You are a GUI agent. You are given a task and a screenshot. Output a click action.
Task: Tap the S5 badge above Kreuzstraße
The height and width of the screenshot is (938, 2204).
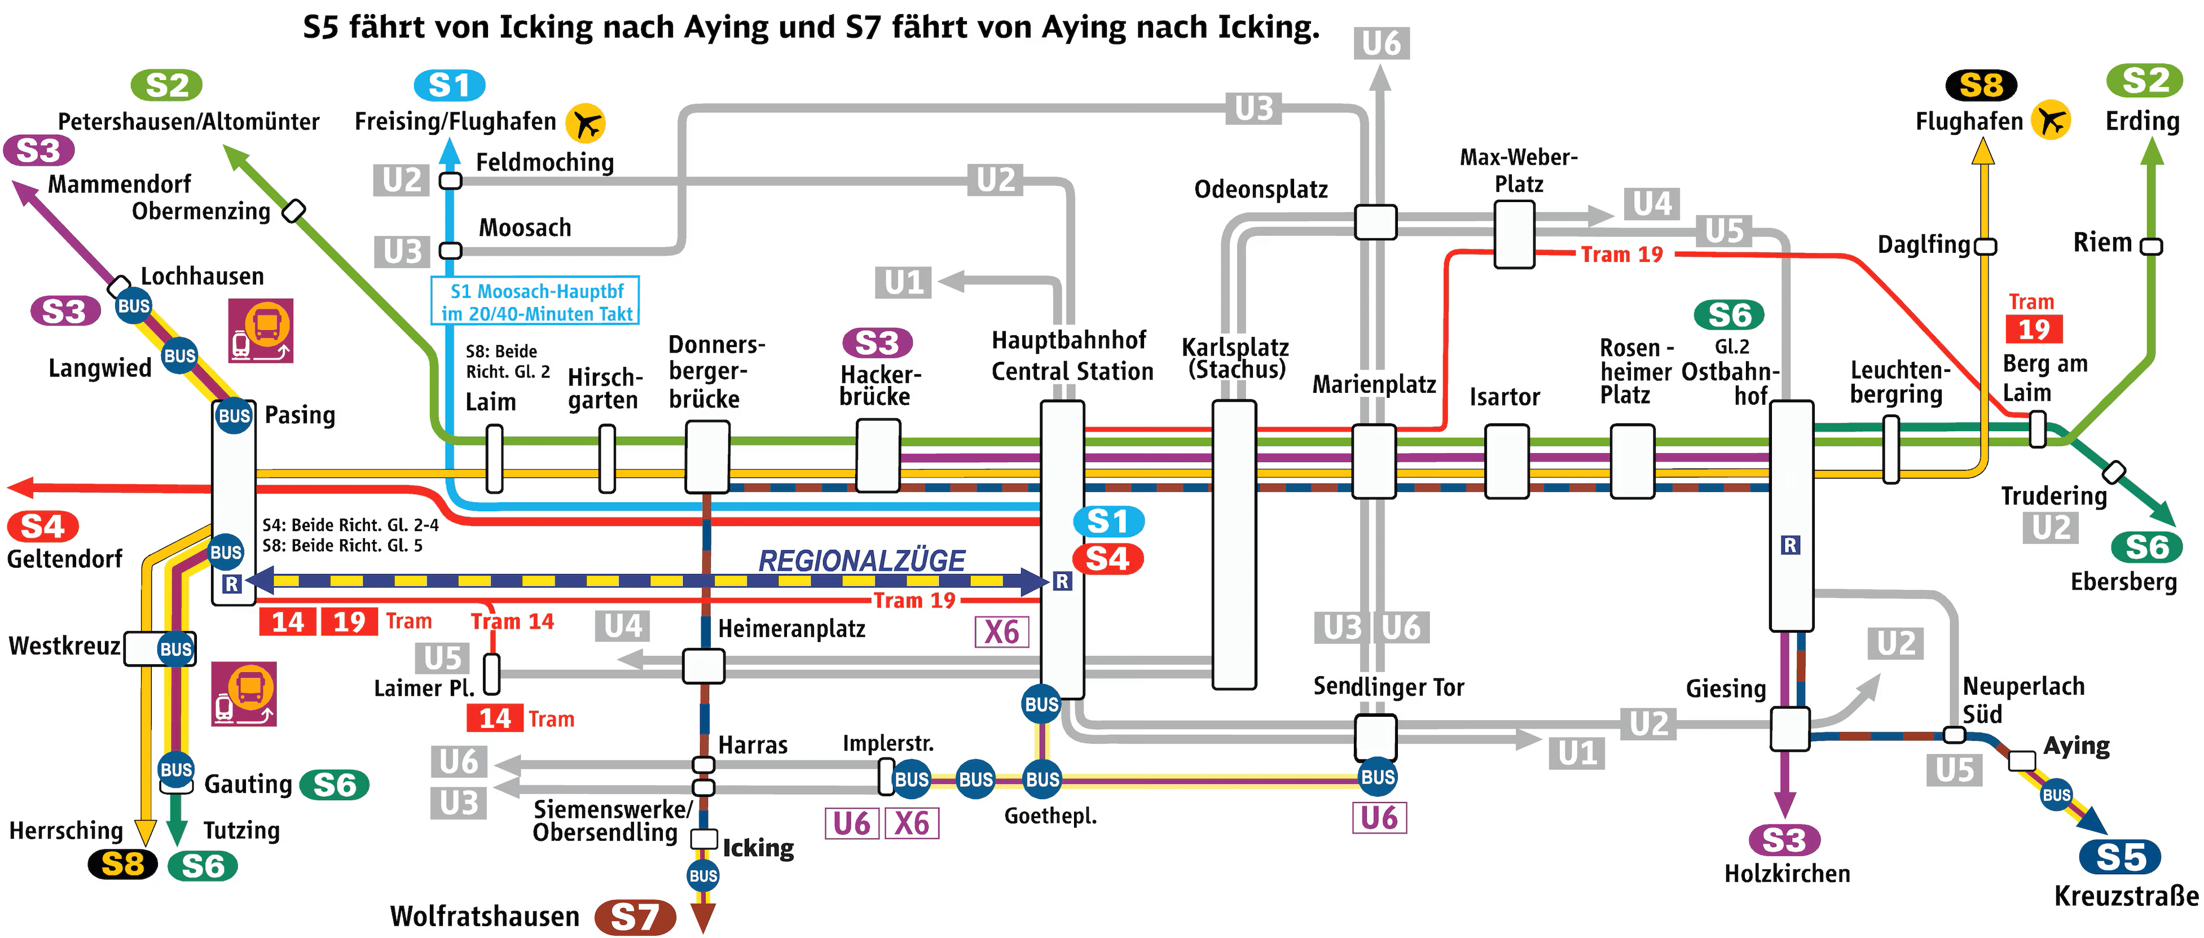coord(2120,857)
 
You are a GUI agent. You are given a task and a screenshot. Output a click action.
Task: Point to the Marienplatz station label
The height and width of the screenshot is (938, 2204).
coord(1374,384)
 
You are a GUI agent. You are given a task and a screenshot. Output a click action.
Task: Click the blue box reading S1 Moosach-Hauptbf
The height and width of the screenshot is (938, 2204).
coord(535,301)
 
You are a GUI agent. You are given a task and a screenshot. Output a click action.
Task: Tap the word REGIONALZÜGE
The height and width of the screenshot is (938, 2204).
coord(861,560)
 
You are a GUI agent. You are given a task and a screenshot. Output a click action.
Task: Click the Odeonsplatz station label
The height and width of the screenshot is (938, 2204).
coord(1261,189)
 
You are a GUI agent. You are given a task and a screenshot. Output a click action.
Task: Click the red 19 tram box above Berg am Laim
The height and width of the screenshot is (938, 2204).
coord(2034,328)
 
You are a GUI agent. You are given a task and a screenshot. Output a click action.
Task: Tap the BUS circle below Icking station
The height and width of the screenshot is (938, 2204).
coord(703,875)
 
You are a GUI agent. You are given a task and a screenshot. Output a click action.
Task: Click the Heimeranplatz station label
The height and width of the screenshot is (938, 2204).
coord(791,629)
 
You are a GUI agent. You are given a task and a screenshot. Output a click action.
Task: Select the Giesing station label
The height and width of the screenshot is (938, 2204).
coord(1726,688)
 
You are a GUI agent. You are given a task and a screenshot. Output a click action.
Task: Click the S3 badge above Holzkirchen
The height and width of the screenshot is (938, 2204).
coord(1784,840)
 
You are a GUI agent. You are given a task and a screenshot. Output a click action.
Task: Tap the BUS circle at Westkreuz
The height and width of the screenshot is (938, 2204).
coord(175,648)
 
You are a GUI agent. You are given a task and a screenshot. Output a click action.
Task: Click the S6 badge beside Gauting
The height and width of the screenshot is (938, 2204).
coord(335,785)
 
